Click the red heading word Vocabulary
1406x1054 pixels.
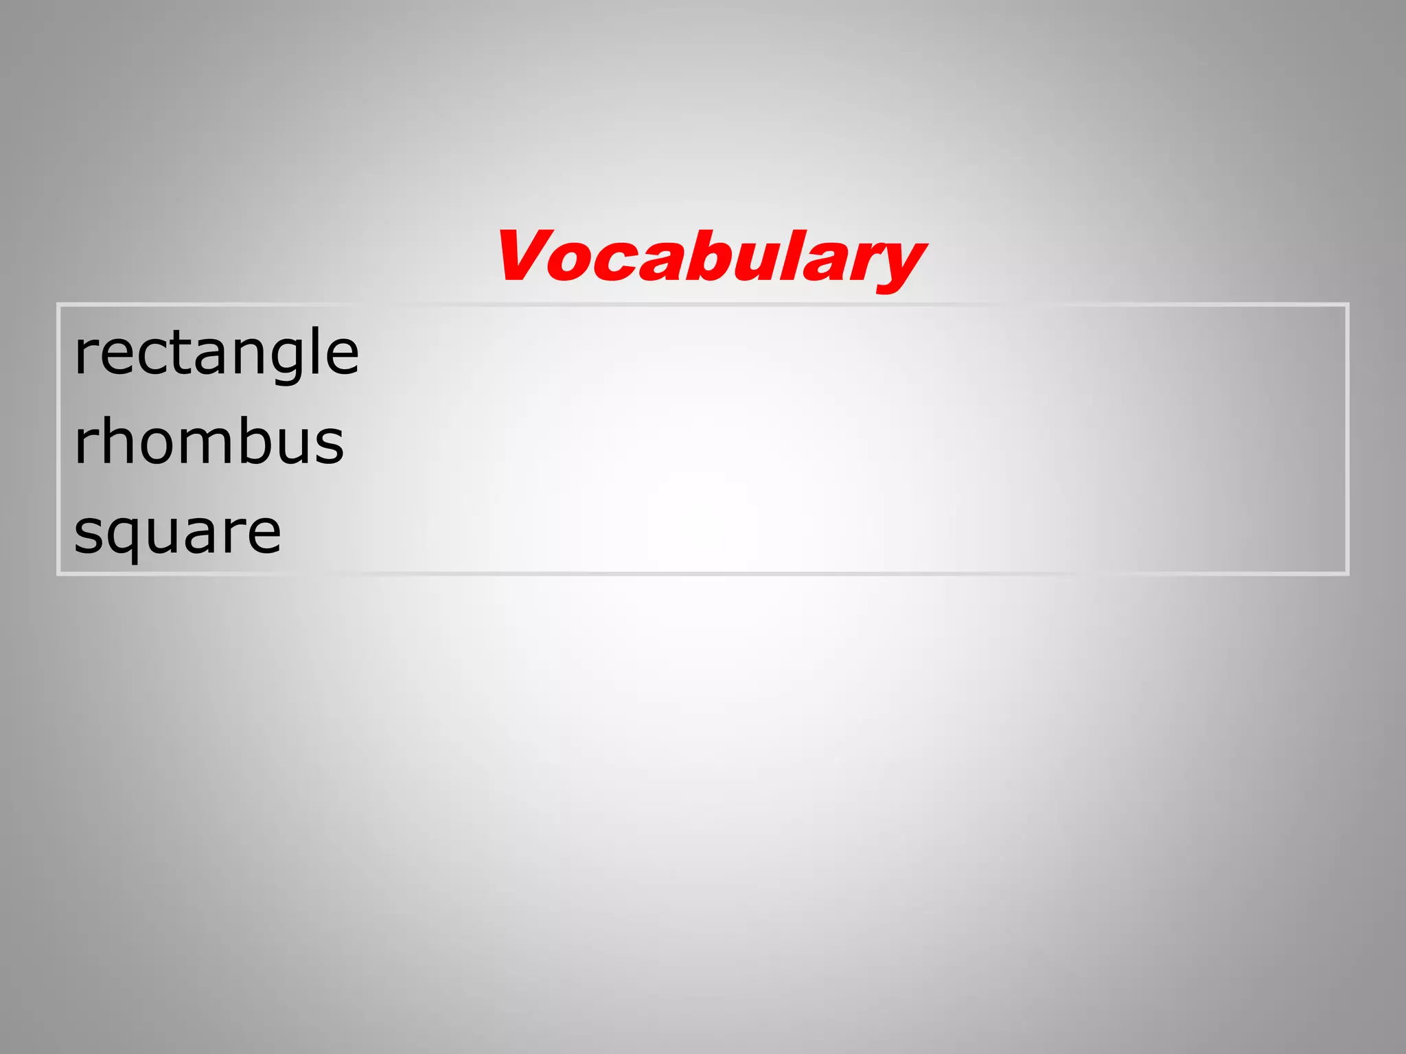[x=711, y=257]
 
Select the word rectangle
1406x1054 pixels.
[x=216, y=353]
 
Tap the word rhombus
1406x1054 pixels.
[x=209, y=442]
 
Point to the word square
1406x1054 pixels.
[x=177, y=532]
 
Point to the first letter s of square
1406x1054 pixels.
[x=89, y=533]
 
